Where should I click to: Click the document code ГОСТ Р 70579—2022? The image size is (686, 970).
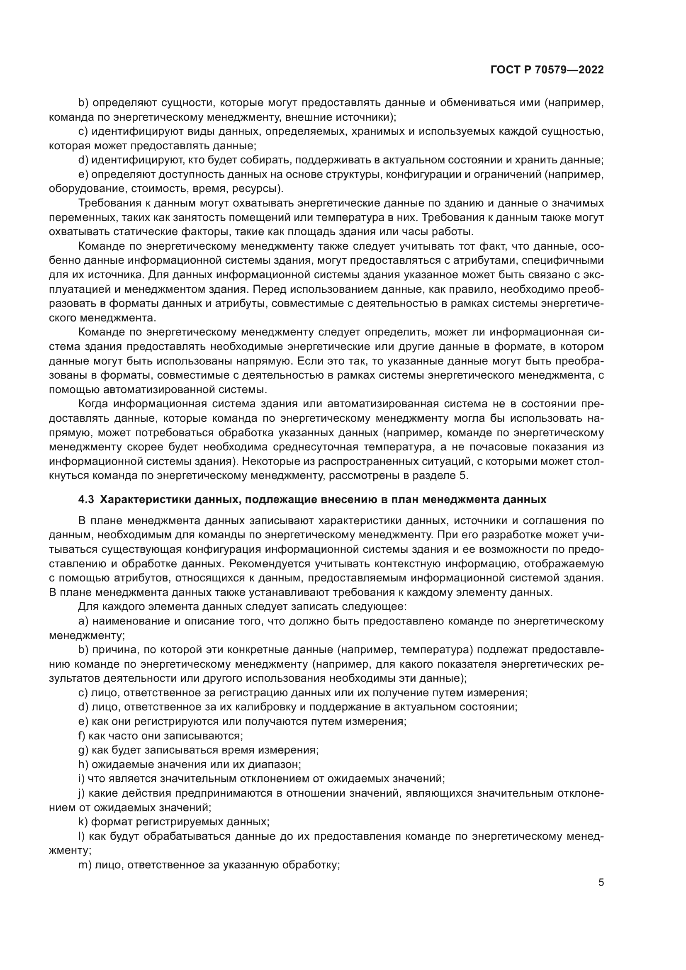pyautogui.click(x=547, y=70)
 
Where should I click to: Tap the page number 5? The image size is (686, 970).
pyautogui.click(x=601, y=882)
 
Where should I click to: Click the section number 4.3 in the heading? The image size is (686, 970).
pyautogui.click(x=86, y=500)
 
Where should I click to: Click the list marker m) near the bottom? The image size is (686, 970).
pyautogui.click(x=85, y=865)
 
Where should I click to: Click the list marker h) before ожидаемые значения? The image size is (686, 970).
pyautogui.click(x=83, y=765)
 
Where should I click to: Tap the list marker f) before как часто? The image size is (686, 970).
pyautogui.click(x=82, y=736)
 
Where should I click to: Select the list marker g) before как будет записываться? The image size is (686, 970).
pyautogui.click(x=83, y=750)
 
